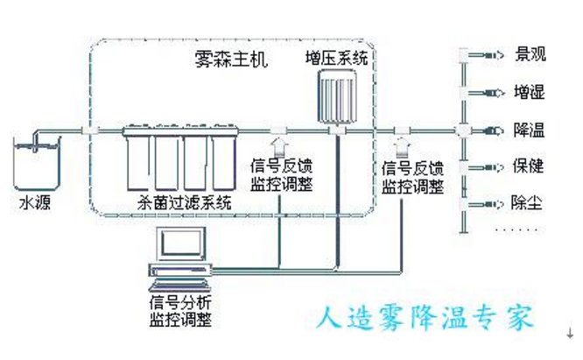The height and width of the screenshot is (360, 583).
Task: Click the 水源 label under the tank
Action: click(x=33, y=203)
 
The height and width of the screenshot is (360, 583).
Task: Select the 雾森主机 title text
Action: click(x=232, y=62)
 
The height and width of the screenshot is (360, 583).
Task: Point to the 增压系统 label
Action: click(x=336, y=60)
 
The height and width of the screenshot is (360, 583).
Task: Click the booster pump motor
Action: click(x=337, y=93)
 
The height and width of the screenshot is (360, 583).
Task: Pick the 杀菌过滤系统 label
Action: click(x=185, y=202)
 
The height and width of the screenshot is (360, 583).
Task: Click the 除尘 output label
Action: click(x=528, y=203)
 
